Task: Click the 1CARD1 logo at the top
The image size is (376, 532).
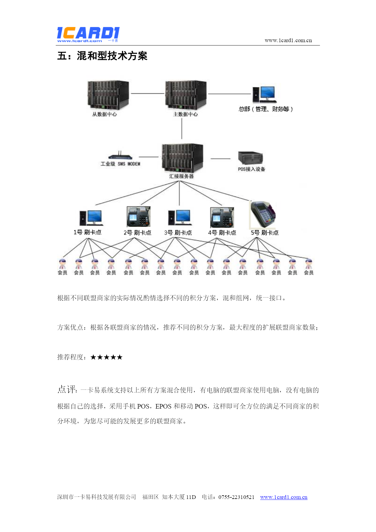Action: [88, 34]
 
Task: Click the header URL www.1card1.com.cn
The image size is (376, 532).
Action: [288, 40]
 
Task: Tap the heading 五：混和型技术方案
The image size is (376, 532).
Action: [102, 56]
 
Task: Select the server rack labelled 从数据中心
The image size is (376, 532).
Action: [108, 95]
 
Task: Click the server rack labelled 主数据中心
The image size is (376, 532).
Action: [186, 95]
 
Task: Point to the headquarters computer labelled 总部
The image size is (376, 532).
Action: [264, 94]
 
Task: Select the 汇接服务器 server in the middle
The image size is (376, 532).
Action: [182, 157]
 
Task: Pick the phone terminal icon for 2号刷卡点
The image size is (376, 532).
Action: [138, 217]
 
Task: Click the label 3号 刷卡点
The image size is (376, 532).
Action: [178, 233]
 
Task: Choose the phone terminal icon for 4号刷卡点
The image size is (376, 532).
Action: [222, 217]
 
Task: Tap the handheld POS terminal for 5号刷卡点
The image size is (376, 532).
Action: [263, 214]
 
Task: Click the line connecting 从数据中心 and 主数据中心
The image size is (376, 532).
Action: [147, 93]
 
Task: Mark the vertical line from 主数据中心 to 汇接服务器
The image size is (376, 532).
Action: [182, 128]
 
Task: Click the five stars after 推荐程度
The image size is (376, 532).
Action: [106, 357]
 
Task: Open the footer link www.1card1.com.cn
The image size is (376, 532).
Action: [284, 497]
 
